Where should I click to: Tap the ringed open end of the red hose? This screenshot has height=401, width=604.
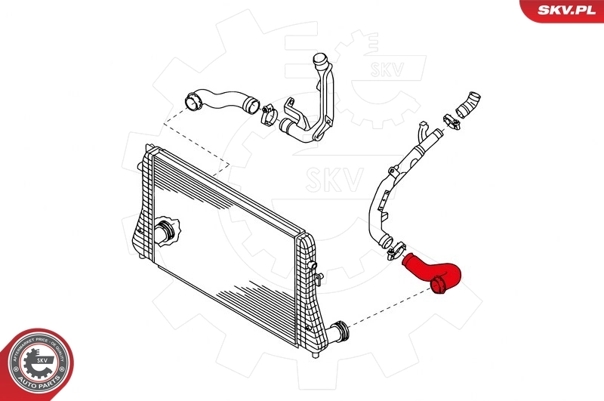pos(439,285)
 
